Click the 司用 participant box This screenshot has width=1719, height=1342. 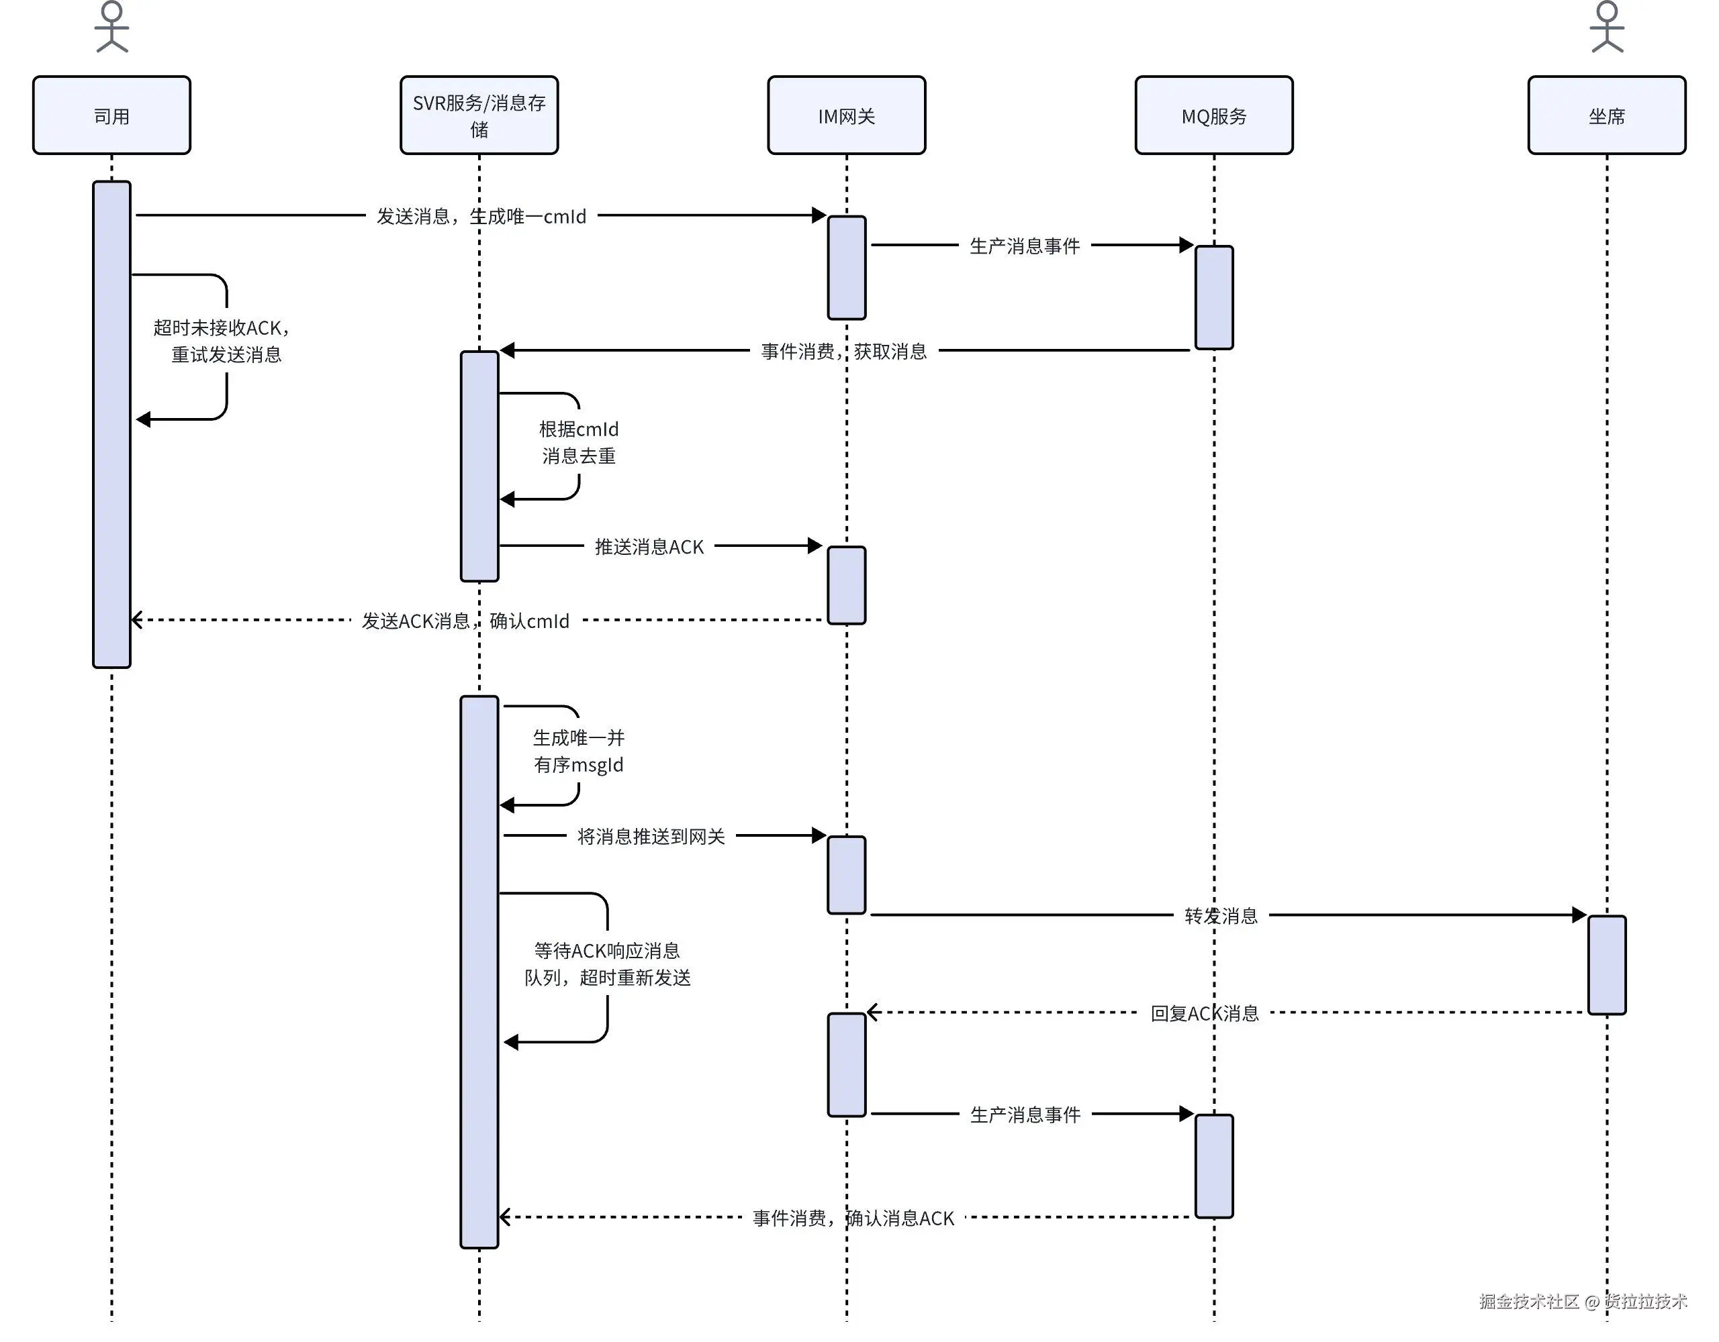(x=111, y=115)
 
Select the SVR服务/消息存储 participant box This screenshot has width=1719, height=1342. (x=479, y=115)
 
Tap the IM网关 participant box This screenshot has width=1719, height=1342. (x=846, y=115)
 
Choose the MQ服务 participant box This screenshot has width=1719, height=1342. (x=1213, y=115)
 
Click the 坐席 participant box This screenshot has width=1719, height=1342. (x=1606, y=115)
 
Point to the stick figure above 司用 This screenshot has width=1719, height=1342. (x=111, y=28)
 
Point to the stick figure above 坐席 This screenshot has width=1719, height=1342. (x=1606, y=28)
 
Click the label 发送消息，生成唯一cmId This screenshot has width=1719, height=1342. (x=481, y=216)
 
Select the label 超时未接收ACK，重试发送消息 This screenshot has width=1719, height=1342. (x=223, y=341)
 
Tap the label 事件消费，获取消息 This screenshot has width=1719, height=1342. (x=844, y=351)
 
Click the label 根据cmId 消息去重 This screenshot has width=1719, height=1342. (x=579, y=442)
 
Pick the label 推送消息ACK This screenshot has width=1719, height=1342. (x=649, y=547)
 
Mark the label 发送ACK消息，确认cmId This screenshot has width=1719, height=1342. (x=465, y=621)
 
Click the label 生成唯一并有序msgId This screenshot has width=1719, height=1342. (x=579, y=752)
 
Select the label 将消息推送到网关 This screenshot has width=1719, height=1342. (x=651, y=836)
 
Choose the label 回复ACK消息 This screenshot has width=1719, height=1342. (x=1204, y=1013)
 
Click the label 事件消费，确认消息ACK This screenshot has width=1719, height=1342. (x=853, y=1218)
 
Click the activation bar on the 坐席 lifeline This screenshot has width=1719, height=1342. (x=1606, y=964)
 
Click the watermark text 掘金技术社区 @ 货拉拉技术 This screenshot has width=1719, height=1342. (x=1583, y=1301)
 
